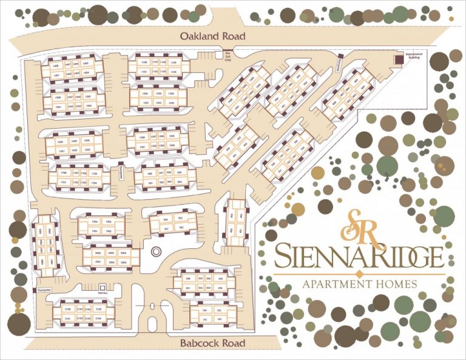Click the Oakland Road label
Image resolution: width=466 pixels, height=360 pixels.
point(213,36)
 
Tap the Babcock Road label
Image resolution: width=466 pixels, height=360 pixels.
point(213,344)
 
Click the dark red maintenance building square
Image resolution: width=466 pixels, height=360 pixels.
point(398,59)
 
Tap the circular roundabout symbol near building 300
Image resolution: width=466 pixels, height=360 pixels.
point(154,250)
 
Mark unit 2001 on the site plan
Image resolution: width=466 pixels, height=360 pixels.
point(95,262)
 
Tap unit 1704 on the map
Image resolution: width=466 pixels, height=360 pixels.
point(93,182)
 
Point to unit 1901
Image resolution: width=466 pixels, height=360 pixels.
point(94,231)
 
